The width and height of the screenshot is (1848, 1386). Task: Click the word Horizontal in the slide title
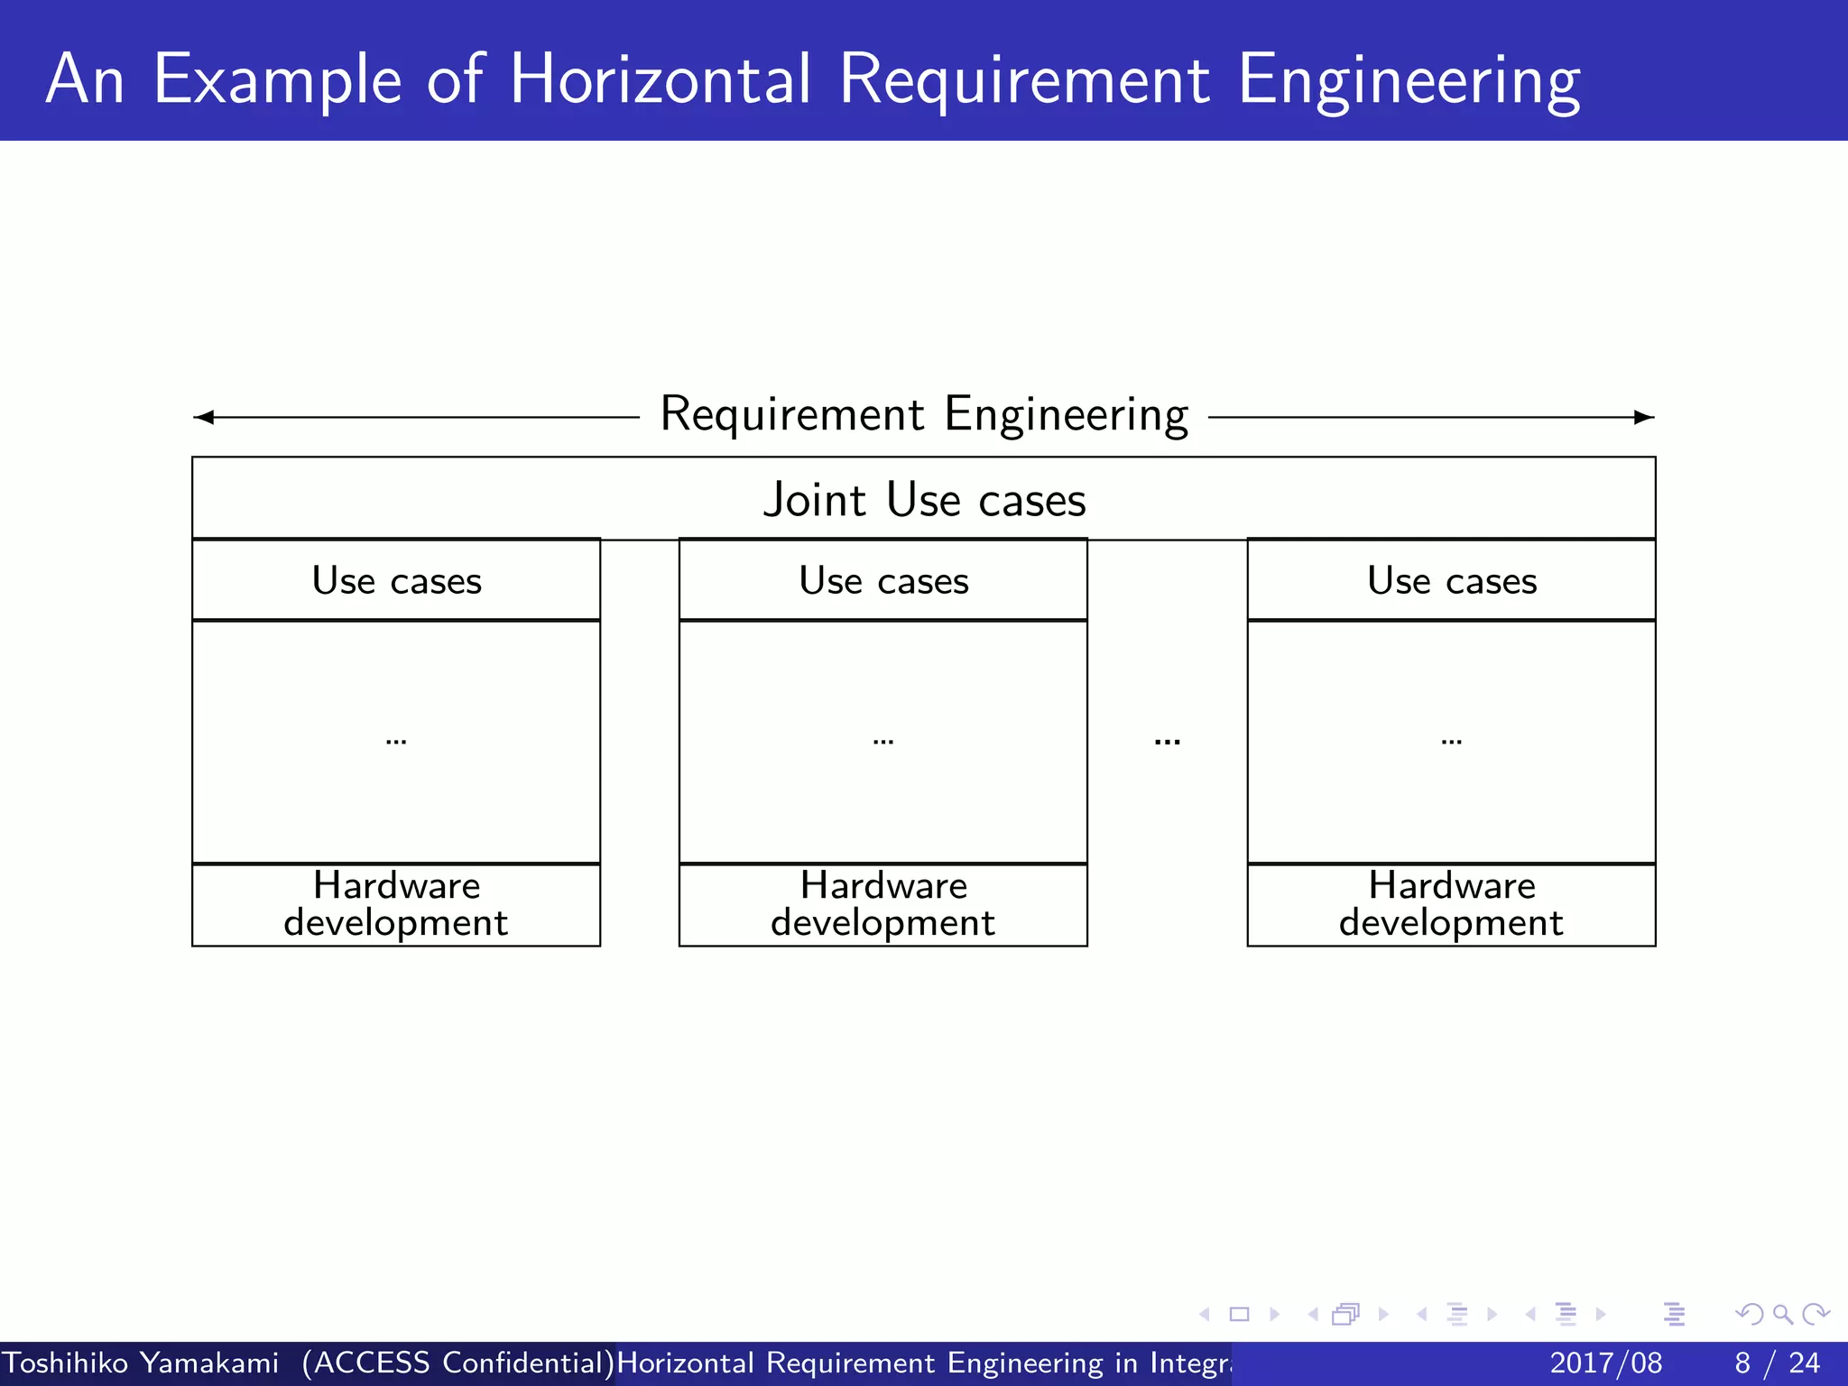[661, 79]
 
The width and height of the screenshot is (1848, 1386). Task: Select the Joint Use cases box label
[924, 499]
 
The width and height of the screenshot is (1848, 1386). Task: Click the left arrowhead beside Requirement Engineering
[204, 417]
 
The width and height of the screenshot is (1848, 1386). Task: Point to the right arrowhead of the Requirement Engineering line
[1644, 417]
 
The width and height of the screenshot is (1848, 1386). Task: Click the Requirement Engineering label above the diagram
[924, 415]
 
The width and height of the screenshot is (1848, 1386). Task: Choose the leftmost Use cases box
[396, 581]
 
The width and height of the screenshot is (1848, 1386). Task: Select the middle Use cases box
[883, 581]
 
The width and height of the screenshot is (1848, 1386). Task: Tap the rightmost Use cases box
[1451, 581]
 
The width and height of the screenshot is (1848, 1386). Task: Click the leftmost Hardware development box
[396, 904]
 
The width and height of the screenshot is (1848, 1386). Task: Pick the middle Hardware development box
[883, 904]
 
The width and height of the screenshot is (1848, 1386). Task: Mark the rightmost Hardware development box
[1451, 904]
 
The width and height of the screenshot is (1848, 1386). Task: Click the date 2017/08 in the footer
[1605, 1363]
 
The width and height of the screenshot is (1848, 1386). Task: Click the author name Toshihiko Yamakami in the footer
[141, 1363]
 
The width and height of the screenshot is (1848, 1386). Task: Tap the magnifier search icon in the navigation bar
[1782, 1314]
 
